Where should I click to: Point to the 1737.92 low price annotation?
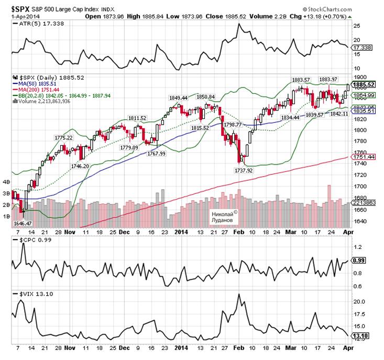(244, 170)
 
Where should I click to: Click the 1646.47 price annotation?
(23, 223)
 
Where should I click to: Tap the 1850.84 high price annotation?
(205, 97)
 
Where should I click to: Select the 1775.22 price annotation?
(63, 137)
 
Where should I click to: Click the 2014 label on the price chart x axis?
(181, 231)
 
